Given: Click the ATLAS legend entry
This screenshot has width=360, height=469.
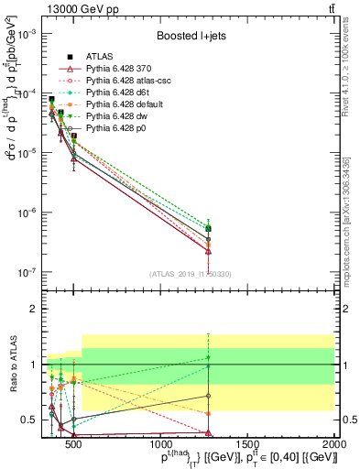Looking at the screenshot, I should tap(99, 57).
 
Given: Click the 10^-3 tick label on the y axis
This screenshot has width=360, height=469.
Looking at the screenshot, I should tap(27, 33).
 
